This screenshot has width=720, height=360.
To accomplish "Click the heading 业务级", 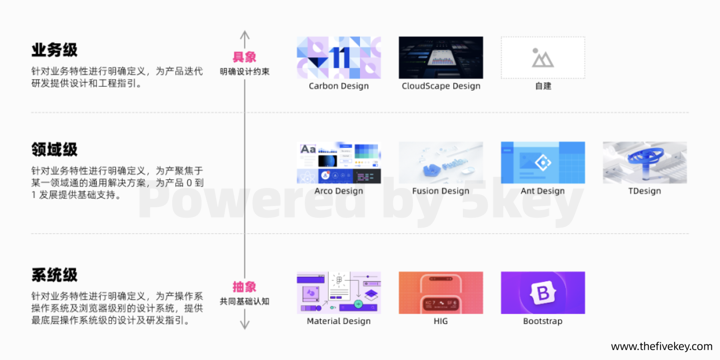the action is (54, 50).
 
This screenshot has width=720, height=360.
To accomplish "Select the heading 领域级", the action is (54, 149).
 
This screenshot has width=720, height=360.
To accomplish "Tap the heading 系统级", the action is (54, 275).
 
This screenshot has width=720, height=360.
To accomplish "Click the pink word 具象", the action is (244, 57).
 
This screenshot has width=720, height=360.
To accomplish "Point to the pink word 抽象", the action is (244, 287).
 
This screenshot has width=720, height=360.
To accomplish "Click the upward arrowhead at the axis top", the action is (245, 34).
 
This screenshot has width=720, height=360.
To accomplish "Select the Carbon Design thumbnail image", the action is (339, 58).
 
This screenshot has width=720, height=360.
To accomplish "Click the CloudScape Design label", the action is (441, 86).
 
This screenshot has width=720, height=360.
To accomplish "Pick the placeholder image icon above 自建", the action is (543, 58).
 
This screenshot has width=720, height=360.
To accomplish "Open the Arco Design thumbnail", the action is (339, 163).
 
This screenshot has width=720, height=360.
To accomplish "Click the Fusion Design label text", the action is (441, 191).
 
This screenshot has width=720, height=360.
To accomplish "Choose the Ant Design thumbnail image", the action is (543, 163).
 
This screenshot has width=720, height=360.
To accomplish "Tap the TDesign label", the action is (645, 191).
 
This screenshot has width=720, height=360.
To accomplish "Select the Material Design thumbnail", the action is (339, 292).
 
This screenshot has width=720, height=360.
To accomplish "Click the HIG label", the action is (441, 321).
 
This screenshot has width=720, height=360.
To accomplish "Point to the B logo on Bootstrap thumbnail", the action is (543, 292).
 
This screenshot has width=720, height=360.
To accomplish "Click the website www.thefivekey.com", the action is (662, 347).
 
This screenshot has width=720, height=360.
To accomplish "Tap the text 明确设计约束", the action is (245, 72).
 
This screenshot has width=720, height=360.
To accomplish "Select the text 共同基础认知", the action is (245, 301).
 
